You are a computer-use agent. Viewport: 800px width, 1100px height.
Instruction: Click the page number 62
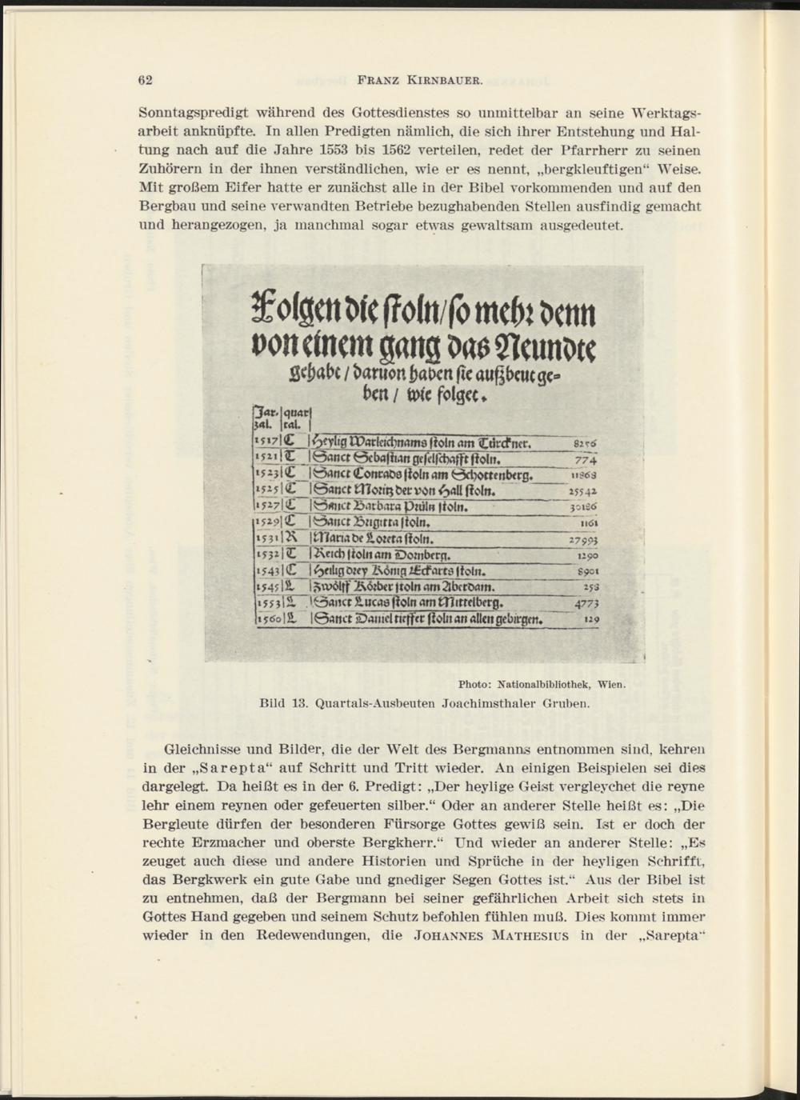point(146,80)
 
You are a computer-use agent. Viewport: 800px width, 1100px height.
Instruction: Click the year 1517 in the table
point(263,442)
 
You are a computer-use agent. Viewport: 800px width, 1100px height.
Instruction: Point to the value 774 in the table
point(588,459)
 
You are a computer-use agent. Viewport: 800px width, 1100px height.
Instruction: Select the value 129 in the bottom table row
point(591,619)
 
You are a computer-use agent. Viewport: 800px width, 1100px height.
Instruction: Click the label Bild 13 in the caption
point(284,705)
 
